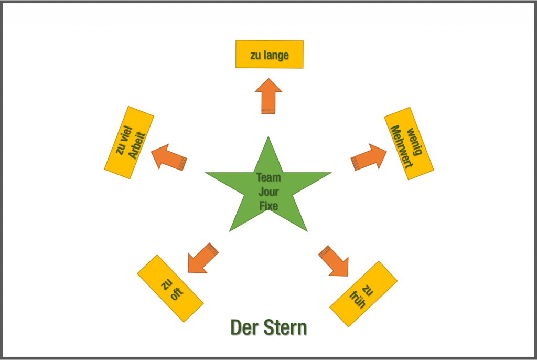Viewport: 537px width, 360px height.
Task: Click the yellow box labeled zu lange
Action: point(269,54)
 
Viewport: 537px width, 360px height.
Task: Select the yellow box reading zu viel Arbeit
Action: point(129,142)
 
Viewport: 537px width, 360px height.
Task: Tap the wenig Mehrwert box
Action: point(409,143)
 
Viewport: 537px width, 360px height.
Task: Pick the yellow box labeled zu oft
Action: point(170,288)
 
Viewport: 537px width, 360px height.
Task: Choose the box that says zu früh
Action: point(363,294)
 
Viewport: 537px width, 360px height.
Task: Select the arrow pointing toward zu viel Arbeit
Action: point(168,156)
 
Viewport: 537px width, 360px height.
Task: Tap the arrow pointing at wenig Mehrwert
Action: point(368,156)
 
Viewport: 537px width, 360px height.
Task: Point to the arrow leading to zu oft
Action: point(202,258)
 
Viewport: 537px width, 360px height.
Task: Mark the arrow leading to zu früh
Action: point(334,260)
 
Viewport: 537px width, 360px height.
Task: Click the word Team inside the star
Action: point(268,177)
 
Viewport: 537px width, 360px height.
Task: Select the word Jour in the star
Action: point(268,192)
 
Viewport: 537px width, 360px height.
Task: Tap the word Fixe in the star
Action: point(268,206)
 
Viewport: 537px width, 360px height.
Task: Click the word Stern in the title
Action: point(286,328)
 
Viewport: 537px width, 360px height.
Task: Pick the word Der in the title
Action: point(243,328)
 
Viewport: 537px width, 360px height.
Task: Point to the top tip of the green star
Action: point(268,139)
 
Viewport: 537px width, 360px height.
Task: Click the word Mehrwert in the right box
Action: point(403,146)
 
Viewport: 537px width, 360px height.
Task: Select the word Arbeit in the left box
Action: point(135,145)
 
